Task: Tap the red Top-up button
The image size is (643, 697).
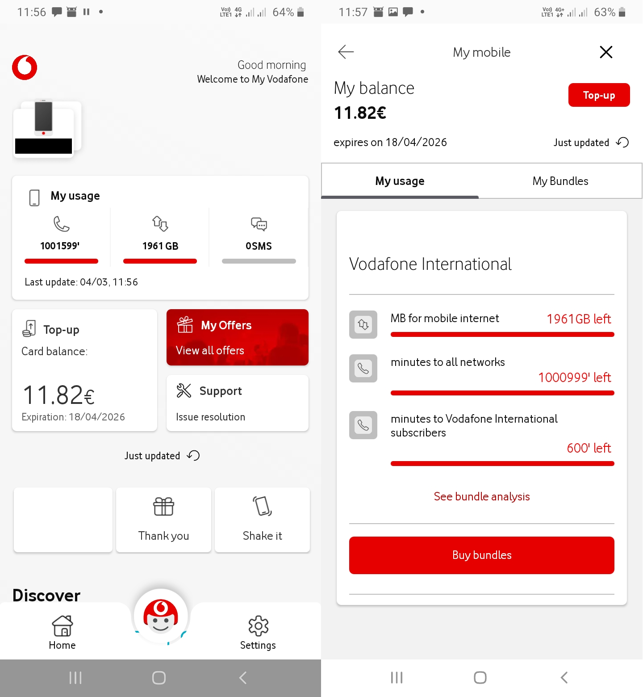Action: [599, 95]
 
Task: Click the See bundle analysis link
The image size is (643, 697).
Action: [482, 496]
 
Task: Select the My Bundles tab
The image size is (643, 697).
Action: [560, 181]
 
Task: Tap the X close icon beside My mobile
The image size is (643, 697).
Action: [605, 52]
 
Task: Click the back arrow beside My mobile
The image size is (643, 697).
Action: [346, 52]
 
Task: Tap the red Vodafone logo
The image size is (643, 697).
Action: [25, 68]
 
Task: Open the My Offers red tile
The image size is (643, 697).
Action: [237, 337]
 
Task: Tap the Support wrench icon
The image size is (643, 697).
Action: [184, 390]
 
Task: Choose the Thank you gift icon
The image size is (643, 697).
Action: [163, 507]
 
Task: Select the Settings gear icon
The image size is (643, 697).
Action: [258, 626]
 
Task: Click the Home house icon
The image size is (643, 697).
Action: [63, 626]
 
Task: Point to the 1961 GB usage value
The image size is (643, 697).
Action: [160, 246]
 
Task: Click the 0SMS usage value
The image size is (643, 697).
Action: [259, 246]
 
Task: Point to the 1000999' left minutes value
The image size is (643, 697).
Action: [574, 378]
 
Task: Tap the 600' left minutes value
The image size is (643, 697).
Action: [589, 448]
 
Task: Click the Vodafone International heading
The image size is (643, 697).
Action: [430, 264]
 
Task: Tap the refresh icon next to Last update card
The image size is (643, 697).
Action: [193, 455]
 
